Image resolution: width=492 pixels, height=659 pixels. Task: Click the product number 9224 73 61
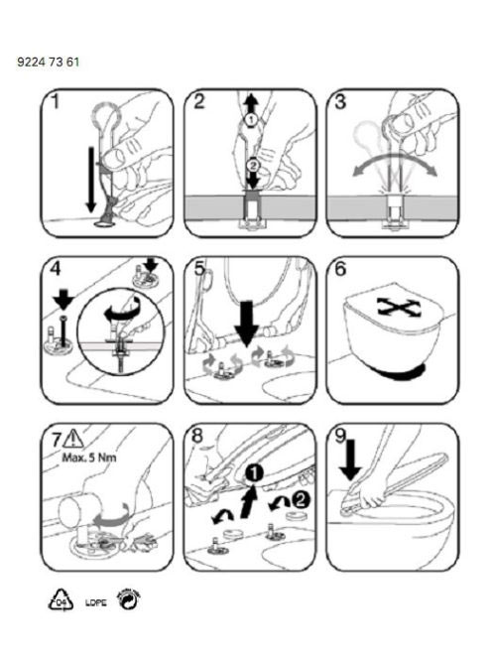click(x=48, y=63)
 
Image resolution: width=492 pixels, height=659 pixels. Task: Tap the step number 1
click(x=55, y=101)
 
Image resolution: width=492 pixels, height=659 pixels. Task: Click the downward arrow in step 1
click(x=91, y=180)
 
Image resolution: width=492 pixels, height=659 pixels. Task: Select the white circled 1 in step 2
click(x=251, y=119)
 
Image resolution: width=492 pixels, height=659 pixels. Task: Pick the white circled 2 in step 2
click(x=253, y=165)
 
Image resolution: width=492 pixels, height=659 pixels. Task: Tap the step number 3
click(x=340, y=101)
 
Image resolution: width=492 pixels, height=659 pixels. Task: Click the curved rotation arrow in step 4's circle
click(x=122, y=309)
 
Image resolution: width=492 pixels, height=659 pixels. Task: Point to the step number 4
click(x=55, y=269)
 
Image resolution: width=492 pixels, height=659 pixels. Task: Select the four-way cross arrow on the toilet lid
click(x=395, y=308)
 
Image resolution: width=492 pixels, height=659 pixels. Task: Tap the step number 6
click(x=340, y=269)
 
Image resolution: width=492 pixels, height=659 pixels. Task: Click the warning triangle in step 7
click(x=73, y=439)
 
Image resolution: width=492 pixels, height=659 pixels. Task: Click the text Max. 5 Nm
click(x=89, y=458)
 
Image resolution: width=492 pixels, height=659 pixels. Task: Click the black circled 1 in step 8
click(x=254, y=473)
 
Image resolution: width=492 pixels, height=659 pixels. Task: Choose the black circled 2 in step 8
click(x=301, y=499)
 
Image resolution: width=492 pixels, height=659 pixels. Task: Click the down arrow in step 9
click(x=350, y=460)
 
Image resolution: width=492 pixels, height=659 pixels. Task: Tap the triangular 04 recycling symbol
click(x=61, y=600)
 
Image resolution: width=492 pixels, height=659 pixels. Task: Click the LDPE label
click(x=96, y=602)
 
